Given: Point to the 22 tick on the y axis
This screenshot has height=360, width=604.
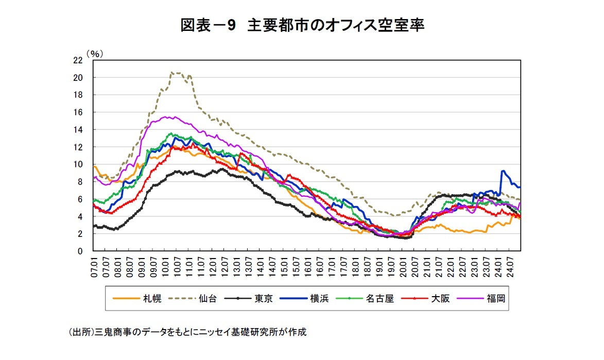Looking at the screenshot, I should (x=78, y=60).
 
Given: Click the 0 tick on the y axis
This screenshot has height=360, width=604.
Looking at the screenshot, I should (x=80, y=251).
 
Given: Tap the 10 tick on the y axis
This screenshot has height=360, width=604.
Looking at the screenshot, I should (x=78, y=165).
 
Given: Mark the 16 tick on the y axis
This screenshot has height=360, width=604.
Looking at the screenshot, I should (x=78, y=112).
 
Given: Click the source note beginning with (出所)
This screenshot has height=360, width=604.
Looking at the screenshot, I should (x=187, y=332).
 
